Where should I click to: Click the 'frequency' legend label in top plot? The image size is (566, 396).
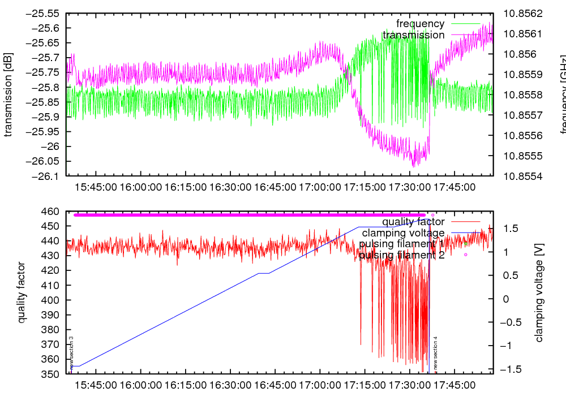tap(420, 24)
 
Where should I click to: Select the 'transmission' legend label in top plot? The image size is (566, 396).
tap(413, 35)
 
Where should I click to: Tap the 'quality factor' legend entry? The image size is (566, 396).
tap(413, 222)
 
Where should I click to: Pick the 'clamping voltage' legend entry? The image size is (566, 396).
tap(403, 233)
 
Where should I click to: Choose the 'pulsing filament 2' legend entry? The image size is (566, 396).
tap(402, 255)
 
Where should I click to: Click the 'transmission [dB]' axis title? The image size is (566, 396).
tap(9, 95)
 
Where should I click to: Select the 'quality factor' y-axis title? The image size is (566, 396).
tap(22, 292)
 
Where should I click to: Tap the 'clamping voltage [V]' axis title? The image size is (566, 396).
tap(539, 292)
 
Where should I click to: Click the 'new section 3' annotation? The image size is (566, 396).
tap(71, 354)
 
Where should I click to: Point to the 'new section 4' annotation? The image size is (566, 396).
tap(435, 354)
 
